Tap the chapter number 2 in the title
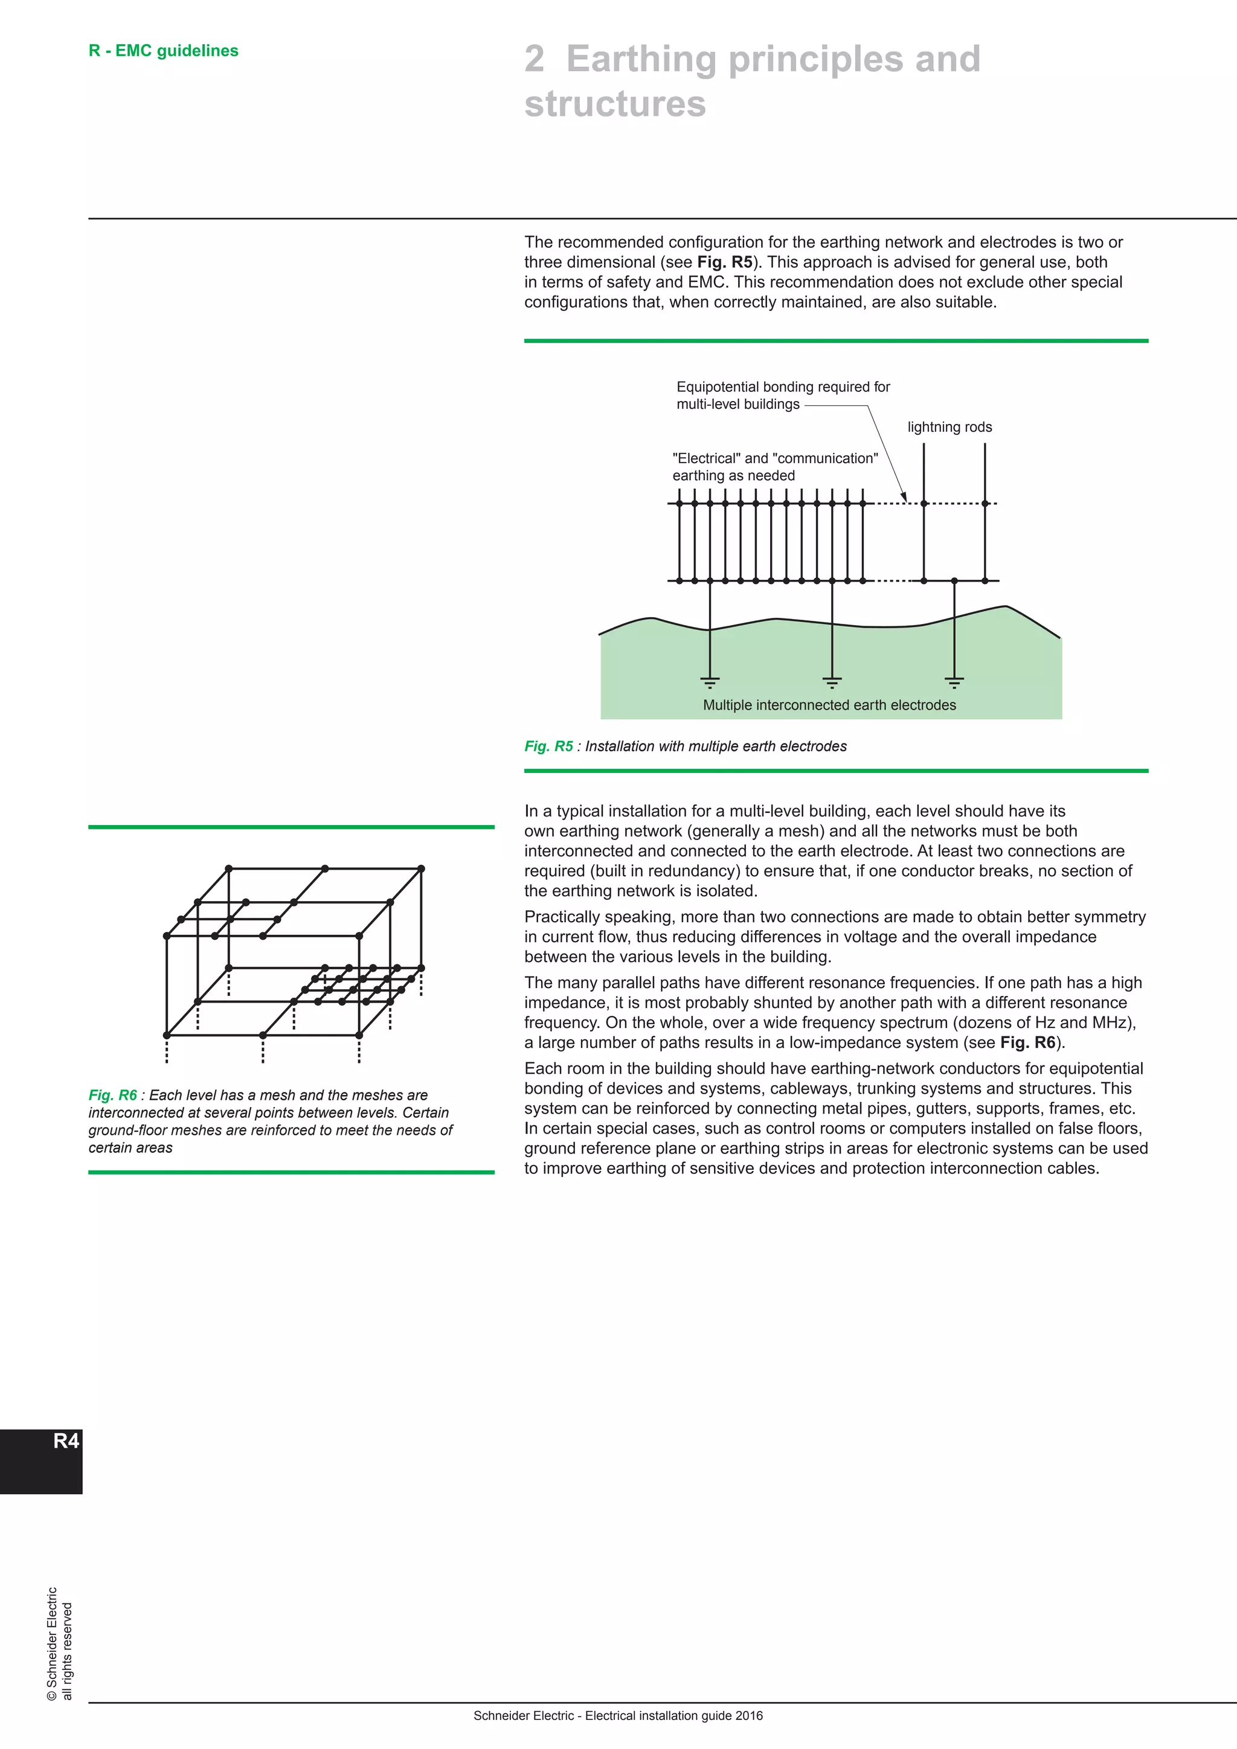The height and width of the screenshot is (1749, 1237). click(534, 59)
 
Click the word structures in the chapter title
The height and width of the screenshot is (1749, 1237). click(615, 104)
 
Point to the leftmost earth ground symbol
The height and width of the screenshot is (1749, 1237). click(709, 681)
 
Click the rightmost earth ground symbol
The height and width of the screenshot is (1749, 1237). click(954, 681)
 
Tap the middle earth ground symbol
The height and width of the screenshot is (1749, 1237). click(832, 681)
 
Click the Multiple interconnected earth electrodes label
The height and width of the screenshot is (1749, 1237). click(829, 705)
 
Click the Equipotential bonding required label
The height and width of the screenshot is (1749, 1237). click(782, 387)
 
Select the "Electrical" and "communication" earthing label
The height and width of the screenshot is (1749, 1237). click(775, 458)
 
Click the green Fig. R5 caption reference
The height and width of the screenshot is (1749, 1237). click(548, 746)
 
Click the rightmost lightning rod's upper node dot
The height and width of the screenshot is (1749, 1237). click(985, 504)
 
